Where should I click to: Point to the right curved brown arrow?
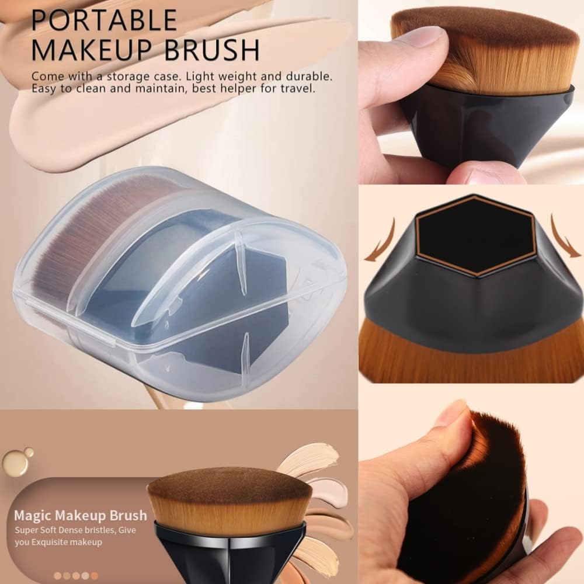(x=565, y=238)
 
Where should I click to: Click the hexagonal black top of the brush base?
(x=475, y=236)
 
